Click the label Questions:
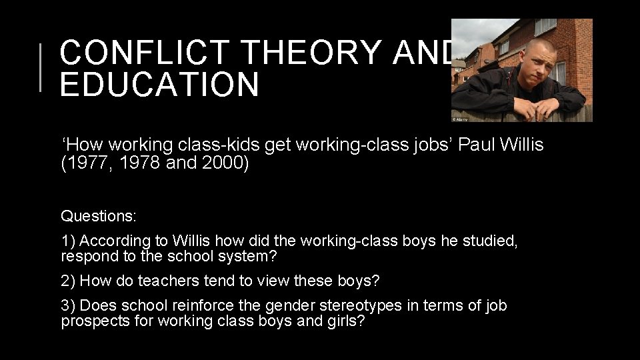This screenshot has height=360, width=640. point(99,216)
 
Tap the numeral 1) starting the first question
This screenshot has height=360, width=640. point(69,241)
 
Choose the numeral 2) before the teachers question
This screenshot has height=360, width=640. point(69,281)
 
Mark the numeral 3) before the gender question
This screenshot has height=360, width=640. point(69,305)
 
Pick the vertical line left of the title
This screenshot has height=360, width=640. point(41,67)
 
